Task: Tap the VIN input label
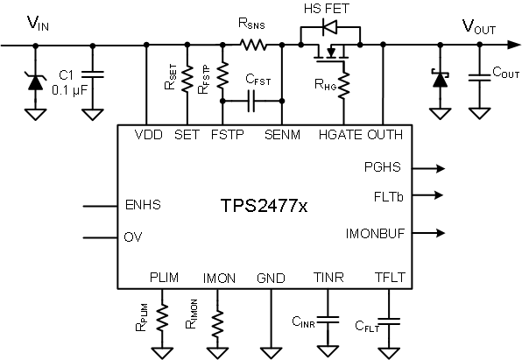(39, 25)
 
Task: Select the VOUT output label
(479, 25)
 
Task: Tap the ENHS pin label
(145, 207)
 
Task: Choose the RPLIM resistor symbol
(162, 316)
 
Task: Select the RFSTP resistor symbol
(222, 77)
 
